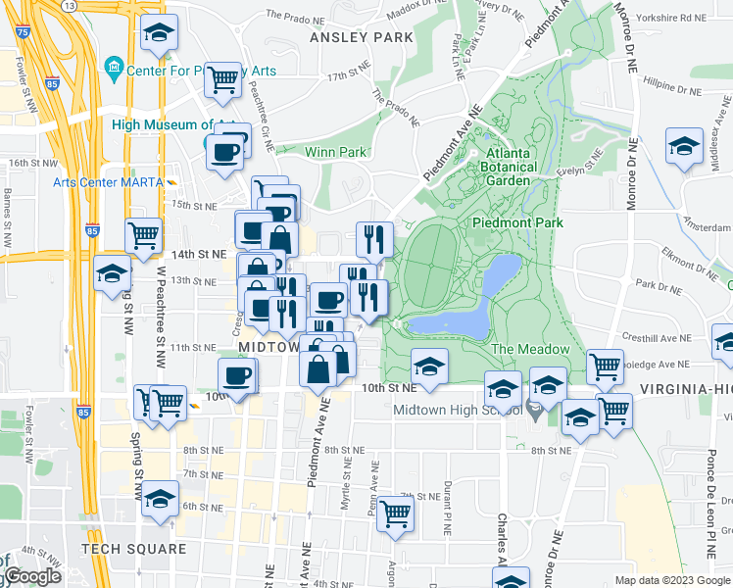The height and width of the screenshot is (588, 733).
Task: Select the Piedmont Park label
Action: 517,222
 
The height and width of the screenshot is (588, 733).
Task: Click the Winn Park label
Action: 335,152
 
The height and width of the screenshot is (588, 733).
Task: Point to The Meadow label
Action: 529,349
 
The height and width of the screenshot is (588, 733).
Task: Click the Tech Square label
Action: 133,549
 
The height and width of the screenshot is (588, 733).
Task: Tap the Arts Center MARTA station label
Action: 106,181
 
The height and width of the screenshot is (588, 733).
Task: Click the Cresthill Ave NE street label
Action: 662,338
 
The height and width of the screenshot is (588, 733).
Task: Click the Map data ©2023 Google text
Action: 671,580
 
